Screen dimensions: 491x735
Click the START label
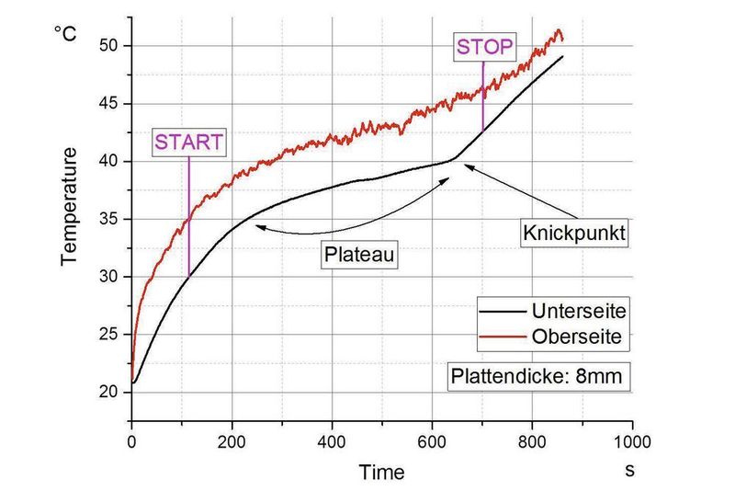188,143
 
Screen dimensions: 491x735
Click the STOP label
483,45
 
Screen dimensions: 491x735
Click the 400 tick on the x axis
332,440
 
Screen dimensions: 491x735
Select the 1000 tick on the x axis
631,440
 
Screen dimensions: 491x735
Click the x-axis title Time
381,473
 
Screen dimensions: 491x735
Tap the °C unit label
65,34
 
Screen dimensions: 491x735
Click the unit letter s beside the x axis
630,470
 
